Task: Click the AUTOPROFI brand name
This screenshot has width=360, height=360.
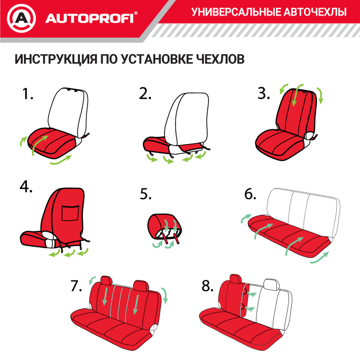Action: pyautogui.click(x=89, y=18)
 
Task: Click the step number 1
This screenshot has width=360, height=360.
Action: pyautogui.click(x=27, y=94)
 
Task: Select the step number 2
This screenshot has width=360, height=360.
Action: pyautogui.click(x=145, y=94)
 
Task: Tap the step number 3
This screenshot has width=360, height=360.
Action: pyautogui.click(x=263, y=94)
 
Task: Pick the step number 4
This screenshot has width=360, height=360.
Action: pyautogui.click(x=26, y=187)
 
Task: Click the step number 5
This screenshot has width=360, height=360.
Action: pyautogui.click(x=146, y=195)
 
